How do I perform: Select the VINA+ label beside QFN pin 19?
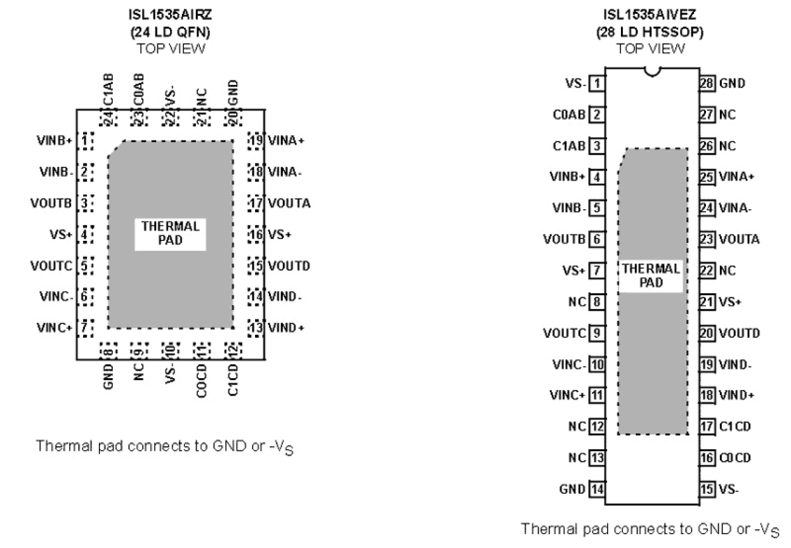point(286,140)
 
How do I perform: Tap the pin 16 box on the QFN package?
point(254,234)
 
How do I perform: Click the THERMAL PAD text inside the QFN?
point(171,233)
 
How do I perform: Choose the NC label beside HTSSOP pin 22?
point(727,271)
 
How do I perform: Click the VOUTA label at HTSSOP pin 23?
point(739,239)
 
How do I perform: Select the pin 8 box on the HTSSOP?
point(596,301)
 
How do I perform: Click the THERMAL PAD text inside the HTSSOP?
point(651,276)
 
